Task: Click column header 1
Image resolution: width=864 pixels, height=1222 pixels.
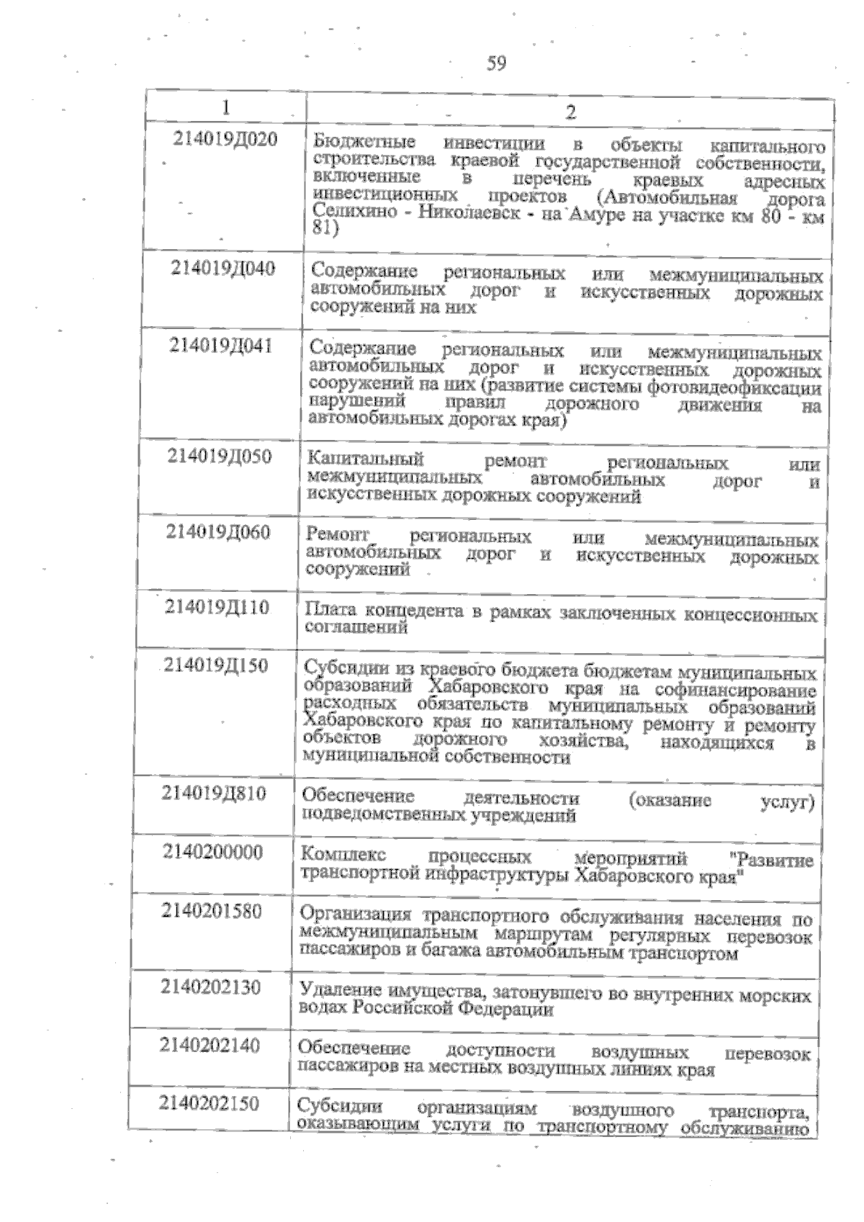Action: point(226,107)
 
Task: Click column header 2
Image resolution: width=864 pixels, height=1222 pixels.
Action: point(570,112)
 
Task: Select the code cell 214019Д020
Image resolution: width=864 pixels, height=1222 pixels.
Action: point(225,140)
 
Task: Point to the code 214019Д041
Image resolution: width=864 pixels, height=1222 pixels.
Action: point(221,346)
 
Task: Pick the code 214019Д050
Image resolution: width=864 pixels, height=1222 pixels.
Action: point(220,457)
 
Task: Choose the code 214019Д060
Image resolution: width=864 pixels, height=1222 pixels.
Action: point(218,532)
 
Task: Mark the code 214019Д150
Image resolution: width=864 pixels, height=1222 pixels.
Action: point(216,665)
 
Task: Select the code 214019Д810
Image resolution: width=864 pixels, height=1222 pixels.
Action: point(215,794)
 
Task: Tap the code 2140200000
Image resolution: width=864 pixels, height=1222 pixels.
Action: point(213,853)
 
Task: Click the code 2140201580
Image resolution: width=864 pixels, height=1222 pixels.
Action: point(212,912)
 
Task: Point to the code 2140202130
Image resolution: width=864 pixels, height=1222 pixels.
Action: point(211,987)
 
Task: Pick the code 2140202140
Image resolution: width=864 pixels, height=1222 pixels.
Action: point(210,1045)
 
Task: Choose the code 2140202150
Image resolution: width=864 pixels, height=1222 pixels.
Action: point(209,1103)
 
